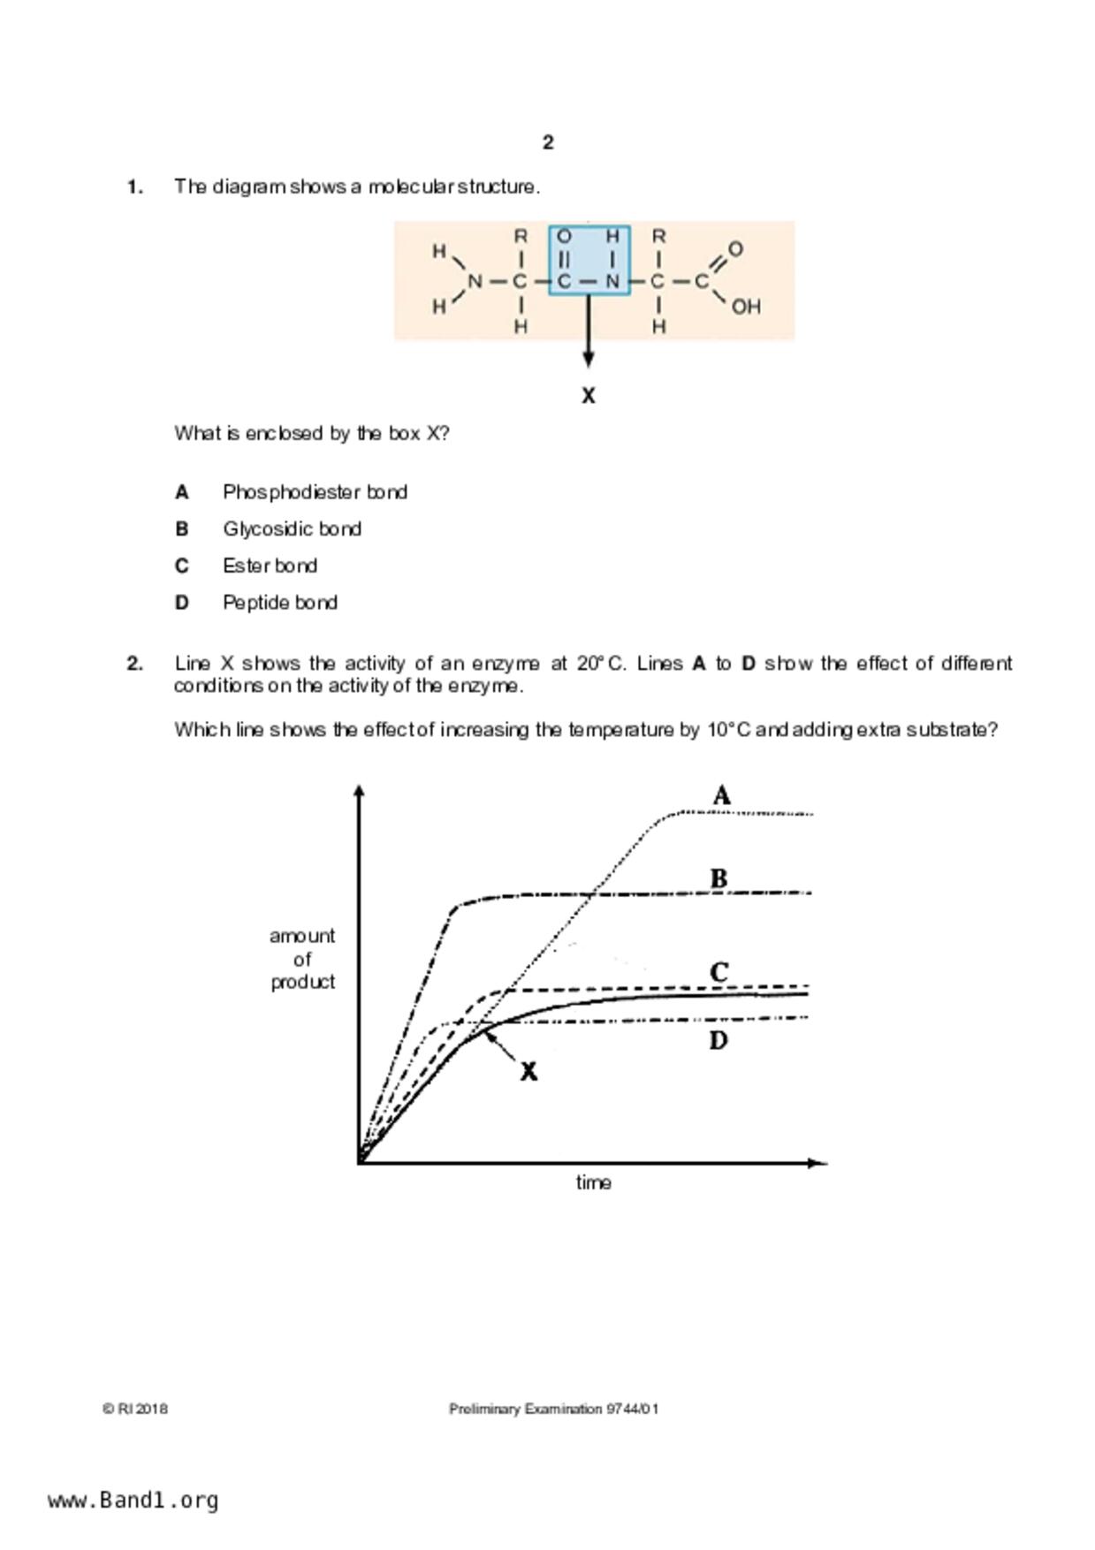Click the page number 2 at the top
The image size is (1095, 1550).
point(548,142)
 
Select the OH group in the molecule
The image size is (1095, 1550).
point(746,307)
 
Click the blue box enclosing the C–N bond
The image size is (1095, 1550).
point(589,261)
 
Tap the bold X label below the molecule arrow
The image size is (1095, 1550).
point(589,396)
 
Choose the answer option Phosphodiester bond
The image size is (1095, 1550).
point(315,492)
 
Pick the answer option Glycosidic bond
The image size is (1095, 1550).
point(292,529)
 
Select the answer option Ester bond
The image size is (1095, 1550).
point(270,566)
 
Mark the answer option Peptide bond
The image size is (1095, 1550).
point(279,603)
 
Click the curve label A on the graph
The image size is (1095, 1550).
point(721,796)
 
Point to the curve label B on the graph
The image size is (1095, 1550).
point(719,878)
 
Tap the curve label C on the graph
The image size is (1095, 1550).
point(719,972)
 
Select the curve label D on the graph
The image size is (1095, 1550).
point(719,1040)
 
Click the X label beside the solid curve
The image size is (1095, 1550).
point(528,1071)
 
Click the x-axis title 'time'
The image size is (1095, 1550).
point(593,1182)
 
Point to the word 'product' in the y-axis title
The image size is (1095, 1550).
point(302,982)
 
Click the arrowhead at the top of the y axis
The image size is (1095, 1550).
point(358,791)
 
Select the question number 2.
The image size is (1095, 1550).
point(134,664)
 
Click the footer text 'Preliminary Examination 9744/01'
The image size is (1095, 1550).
point(553,1409)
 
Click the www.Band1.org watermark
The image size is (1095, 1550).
point(133,1500)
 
